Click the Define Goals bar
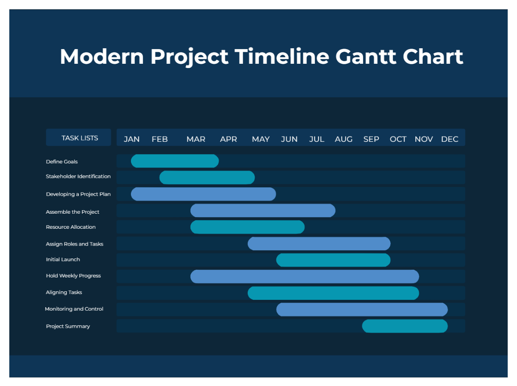tap(174, 161)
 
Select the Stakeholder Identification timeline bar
tap(207, 177)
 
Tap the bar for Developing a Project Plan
tap(203, 194)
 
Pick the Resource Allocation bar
tap(247, 227)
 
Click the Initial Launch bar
tap(333, 260)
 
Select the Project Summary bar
tap(405, 326)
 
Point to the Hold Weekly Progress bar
tap(305, 276)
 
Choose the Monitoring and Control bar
tap(362, 309)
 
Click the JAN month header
tap(131, 139)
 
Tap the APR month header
tap(228, 139)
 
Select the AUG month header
tap(343, 139)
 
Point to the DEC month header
tap(449, 139)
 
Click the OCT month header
tap(398, 139)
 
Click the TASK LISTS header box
tap(79, 138)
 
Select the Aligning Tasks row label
tap(64, 293)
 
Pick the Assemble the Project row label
tap(72, 212)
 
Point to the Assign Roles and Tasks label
tap(75, 244)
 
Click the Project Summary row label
tap(68, 327)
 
